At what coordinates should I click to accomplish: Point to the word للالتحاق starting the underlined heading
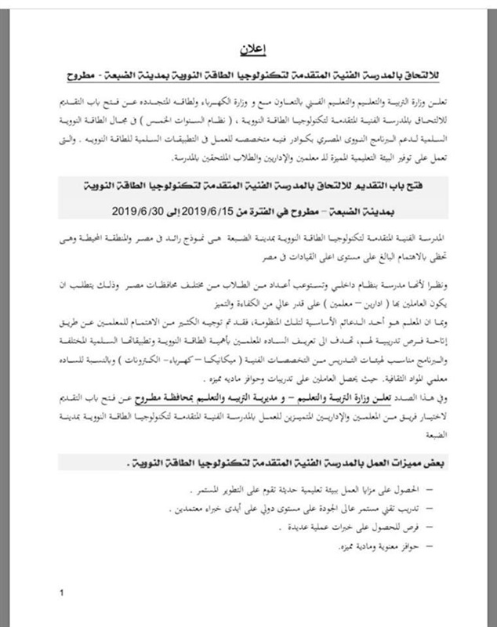tap(419, 78)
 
